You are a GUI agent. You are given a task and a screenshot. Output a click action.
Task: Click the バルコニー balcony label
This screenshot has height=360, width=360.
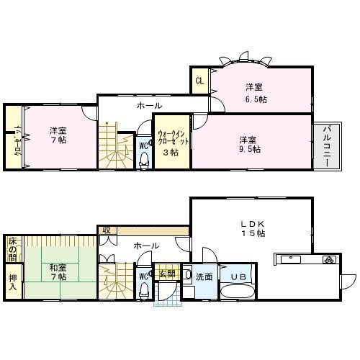click(325, 144)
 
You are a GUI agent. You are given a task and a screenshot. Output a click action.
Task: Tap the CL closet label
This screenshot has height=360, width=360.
click(199, 81)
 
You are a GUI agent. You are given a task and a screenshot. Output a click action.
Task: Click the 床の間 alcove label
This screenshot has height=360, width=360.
click(12, 249)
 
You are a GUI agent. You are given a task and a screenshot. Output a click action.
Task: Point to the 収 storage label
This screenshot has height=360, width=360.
click(105, 230)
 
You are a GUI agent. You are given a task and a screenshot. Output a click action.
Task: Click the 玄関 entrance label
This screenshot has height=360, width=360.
click(166, 274)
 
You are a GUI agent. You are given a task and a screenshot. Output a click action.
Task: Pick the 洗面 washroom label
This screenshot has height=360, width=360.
click(203, 276)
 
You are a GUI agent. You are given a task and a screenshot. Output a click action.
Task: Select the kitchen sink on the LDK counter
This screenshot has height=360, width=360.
click(291, 258)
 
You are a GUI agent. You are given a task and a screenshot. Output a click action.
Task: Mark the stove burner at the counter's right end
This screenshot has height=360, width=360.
click(328, 259)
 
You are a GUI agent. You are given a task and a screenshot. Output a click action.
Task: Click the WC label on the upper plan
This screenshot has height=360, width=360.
click(143, 143)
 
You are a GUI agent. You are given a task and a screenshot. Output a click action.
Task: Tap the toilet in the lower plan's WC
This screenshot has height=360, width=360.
click(143, 292)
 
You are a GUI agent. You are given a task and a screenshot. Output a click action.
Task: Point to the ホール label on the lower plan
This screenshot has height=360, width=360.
click(146, 246)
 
